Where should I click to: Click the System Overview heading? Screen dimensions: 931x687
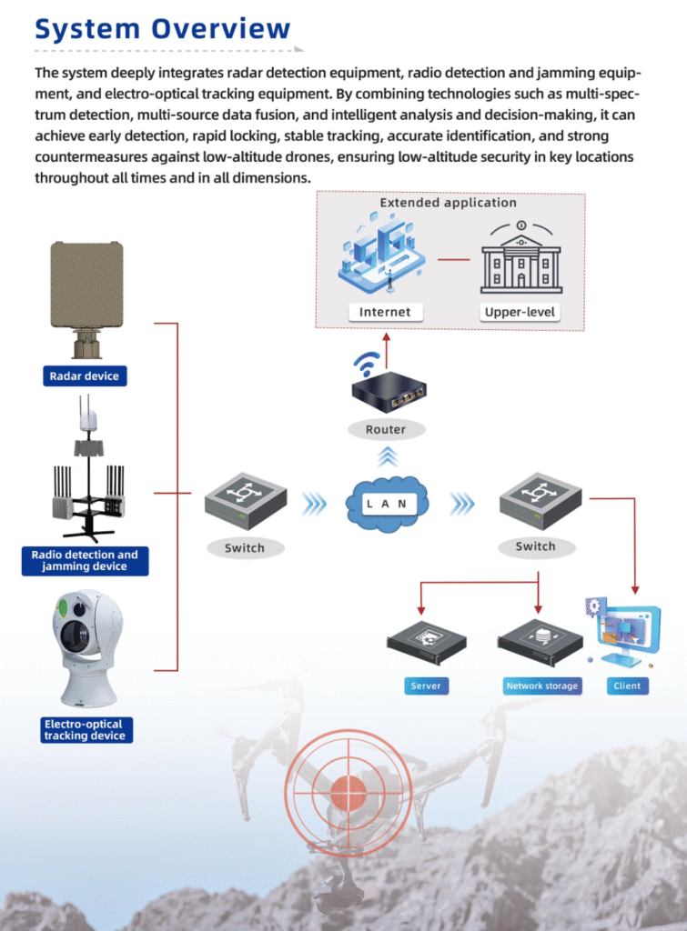163,29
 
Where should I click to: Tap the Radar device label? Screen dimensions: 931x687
84,375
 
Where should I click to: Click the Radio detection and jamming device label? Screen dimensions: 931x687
85,561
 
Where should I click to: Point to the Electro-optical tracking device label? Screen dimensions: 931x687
87,729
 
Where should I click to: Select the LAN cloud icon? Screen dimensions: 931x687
387,503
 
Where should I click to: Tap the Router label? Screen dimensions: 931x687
386,429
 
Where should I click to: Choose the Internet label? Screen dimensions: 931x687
385,312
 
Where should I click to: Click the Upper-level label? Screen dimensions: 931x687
521,312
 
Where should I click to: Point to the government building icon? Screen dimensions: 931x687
521,260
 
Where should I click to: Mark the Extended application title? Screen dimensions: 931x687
448,203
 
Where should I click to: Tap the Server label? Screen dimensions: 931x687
425,686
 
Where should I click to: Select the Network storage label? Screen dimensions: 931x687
541,686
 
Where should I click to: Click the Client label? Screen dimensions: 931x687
627,686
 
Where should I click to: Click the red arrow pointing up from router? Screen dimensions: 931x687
386,344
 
